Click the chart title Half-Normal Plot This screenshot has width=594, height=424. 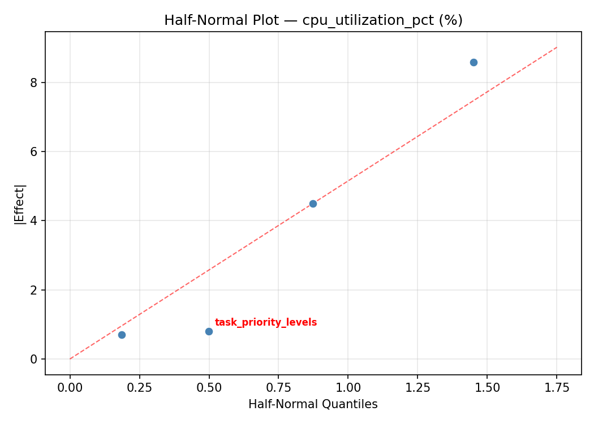[313, 20]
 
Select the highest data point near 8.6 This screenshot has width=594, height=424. [474, 62]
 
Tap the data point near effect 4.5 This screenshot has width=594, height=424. [313, 204]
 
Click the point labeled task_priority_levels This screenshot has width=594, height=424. [209, 331]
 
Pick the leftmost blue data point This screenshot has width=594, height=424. [122, 335]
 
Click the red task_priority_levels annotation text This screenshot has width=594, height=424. [266, 323]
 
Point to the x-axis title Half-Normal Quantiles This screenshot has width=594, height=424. [313, 405]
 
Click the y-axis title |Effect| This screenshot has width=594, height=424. [20, 204]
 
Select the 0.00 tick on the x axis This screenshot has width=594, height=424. [70, 388]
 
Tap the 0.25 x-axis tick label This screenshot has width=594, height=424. [139, 388]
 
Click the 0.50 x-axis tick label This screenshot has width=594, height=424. [209, 388]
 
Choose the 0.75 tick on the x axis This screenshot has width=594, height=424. [278, 388]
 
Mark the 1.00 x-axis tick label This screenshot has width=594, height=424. [348, 388]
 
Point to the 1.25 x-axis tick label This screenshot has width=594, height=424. [417, 388]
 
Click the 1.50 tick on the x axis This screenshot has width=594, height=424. [487, 388]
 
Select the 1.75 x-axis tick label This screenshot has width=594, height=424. [557, 388]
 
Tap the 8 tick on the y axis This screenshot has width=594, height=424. [35, 83]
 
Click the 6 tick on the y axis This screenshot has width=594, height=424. [35, 152]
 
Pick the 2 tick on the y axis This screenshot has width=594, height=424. [35, 290]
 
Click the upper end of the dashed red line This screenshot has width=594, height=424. [557, 47]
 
